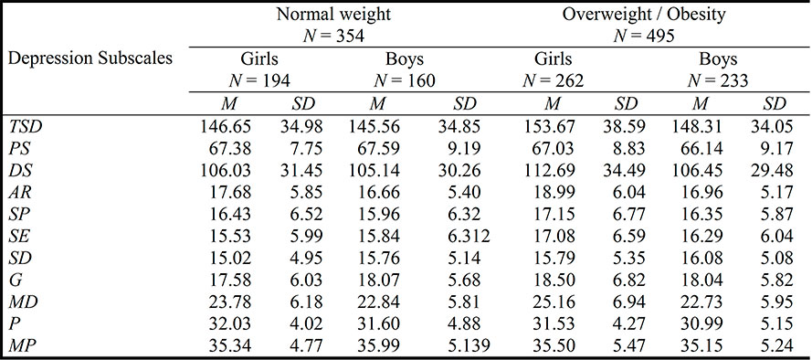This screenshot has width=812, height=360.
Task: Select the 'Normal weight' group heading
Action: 320,14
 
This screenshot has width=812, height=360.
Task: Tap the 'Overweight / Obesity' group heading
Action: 627,14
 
